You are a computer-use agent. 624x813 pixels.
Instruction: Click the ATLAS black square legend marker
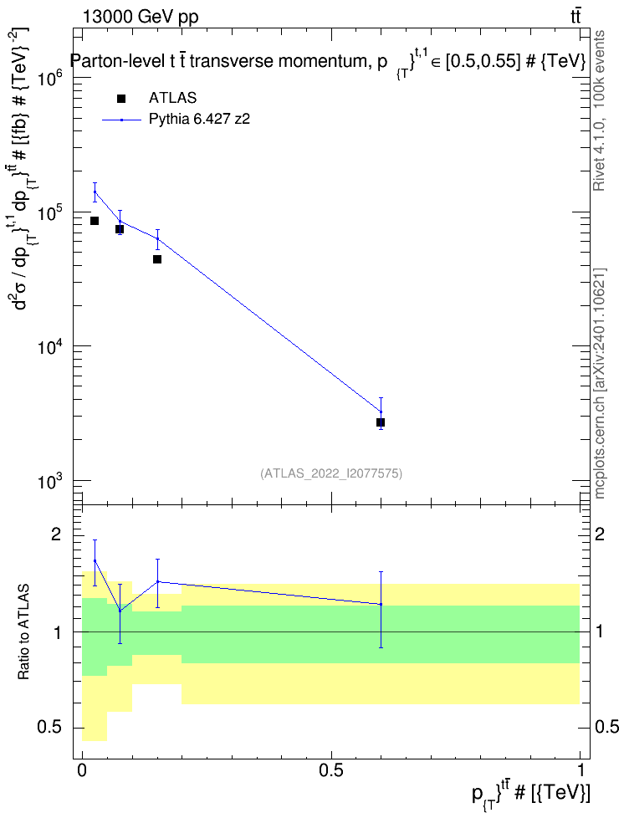pos(120,99)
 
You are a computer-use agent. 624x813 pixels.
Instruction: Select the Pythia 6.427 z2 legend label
pos(199,120)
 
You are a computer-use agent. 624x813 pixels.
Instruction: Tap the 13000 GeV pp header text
pos(140,18)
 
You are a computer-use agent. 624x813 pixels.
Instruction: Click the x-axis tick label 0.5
pos(331,770)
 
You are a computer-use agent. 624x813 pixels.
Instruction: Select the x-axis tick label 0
pos(82,770)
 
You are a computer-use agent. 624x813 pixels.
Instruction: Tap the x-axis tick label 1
pos(580,770)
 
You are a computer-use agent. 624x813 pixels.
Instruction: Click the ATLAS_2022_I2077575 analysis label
pos(331,473)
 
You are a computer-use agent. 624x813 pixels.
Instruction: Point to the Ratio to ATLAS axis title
pos(23,631)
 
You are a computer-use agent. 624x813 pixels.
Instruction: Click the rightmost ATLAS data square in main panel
pos(381,422)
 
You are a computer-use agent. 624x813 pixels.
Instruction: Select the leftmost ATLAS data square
pos(95,221)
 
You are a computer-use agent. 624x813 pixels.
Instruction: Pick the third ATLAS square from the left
pos(157,259)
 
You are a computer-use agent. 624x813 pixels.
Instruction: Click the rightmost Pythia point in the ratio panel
pos(381,604)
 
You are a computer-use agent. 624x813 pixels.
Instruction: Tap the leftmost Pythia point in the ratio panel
pos(95,560)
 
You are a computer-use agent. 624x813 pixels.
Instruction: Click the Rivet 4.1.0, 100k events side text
pos(599,110)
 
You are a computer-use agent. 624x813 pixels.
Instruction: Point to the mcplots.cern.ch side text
pos(599,440)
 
